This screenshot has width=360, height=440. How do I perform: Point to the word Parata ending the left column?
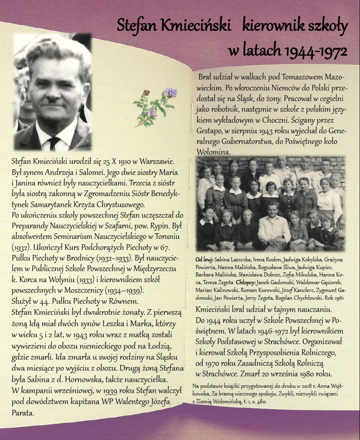coord(22,412)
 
